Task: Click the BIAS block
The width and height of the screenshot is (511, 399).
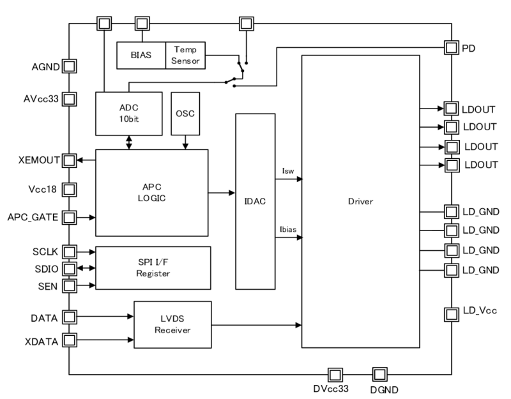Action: click(x=141, y=56)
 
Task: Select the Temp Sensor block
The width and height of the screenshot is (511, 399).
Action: click(x=185, y=56)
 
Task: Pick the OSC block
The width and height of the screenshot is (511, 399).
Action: click(x=185, y=113)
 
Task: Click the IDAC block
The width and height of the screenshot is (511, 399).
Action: click(x=254, y=201)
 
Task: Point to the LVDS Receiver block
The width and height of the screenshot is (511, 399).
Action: click(x=172, y=324)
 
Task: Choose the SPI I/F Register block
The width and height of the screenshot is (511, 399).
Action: click(x=153, y=267)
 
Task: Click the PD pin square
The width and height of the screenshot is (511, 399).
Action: click(x=451, y=48)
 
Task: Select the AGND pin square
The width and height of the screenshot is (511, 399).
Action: click(x=69, y=66)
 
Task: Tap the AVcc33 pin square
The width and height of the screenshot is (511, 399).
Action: click(x=69, y=99)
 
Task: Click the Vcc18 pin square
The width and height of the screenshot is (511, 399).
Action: click(x=69, y=190)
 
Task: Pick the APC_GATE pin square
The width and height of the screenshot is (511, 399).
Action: click(x=69, y=218)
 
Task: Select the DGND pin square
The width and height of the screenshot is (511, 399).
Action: click(x=379, y=373)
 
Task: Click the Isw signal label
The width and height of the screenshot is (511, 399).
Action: click(x=287, y=172)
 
